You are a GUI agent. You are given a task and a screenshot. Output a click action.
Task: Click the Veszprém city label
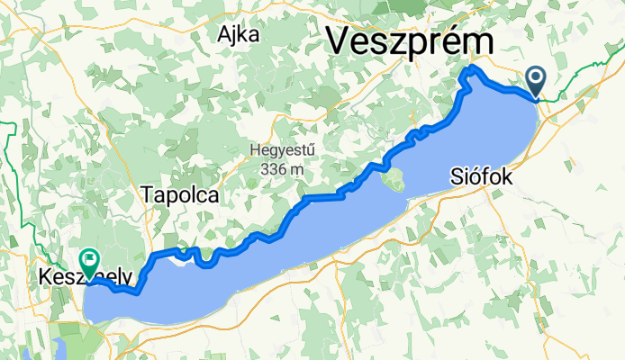pyautogui.click(x=411, y=41)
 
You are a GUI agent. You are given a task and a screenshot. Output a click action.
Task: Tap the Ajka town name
pyautogui.click(x=238, y=35)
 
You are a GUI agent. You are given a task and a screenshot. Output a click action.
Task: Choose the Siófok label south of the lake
pyautogui.click(x=481, y=178)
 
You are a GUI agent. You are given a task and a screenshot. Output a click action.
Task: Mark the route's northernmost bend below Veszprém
pyautogui.click(x=473, y=69)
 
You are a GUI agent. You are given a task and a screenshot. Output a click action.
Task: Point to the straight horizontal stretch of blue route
pyautogui.click(x=322, y=196)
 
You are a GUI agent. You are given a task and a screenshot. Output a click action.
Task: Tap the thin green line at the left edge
pyautogui.click(x=7, y=180)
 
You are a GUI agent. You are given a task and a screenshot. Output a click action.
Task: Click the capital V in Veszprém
pyautogui.click(x=339, y=41)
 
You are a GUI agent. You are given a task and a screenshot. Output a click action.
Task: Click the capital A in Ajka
pyautogui.click(x=222, y=35)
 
